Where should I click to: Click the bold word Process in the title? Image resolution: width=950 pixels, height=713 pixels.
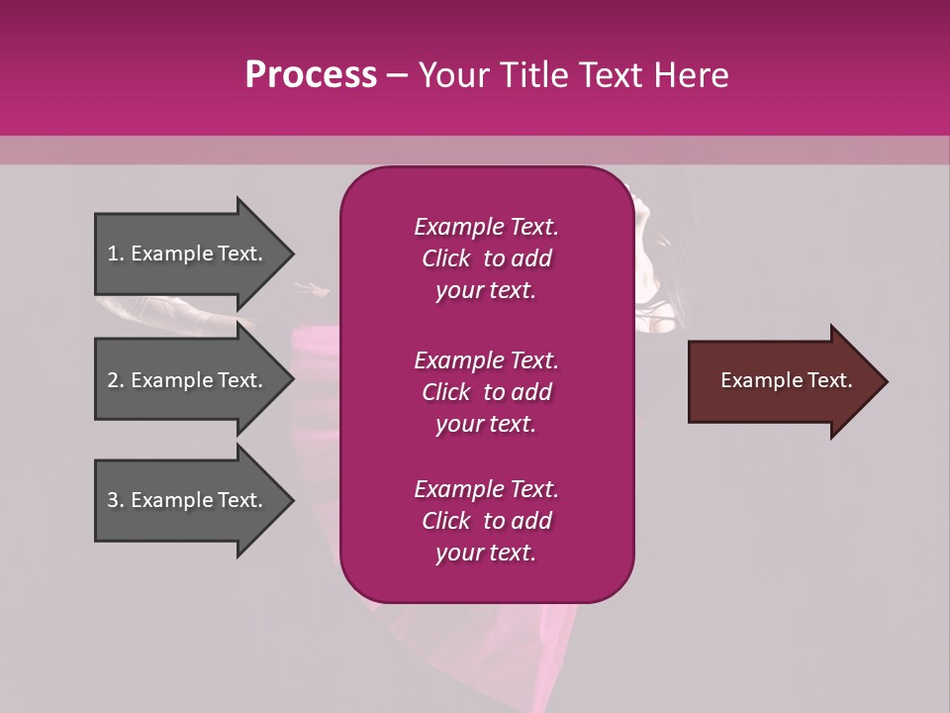pos(311,75)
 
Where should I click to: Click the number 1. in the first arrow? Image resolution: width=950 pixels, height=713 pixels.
pos(116,254)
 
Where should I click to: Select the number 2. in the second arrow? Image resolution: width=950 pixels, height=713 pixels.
pos(116,380)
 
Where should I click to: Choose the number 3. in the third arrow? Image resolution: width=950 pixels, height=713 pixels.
pos(116,500)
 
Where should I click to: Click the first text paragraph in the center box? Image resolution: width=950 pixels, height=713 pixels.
pos(486,258)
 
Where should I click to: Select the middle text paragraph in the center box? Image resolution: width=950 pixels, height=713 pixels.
pos(486,392)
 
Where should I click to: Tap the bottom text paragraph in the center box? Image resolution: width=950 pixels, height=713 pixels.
pos(486,521)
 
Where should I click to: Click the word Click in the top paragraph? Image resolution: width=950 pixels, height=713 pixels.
pos(445,258)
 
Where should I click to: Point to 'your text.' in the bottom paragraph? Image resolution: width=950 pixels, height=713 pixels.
pos(486,553)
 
